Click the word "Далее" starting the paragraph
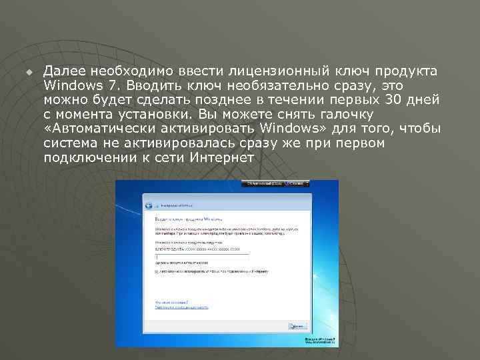point(64,71)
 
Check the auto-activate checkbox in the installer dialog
point(156,272)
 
